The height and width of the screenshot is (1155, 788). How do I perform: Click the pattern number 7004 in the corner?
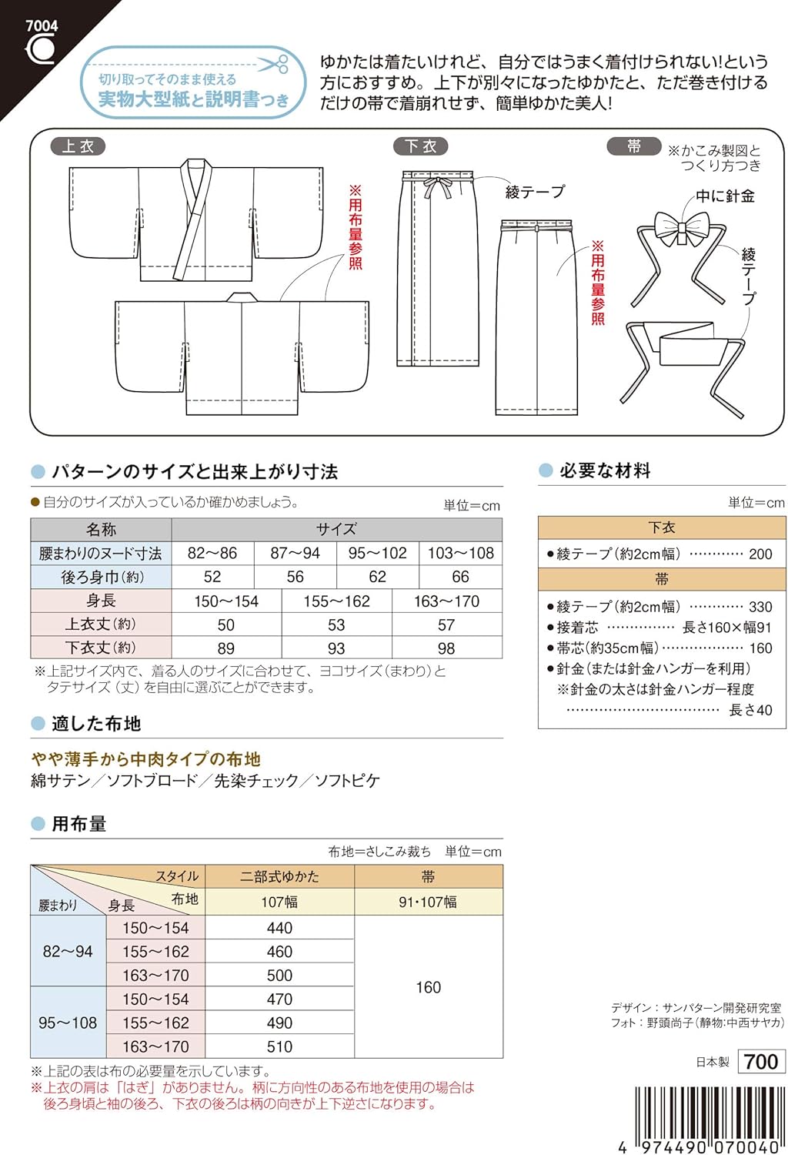click(42, 26)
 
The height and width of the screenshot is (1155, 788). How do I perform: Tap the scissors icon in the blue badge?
click(272, 65)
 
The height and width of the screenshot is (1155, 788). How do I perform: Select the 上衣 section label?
click(78, 146)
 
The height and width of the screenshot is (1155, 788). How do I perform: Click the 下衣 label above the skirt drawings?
click(421, 146)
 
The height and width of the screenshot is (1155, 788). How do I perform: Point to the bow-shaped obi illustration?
click(681, 229)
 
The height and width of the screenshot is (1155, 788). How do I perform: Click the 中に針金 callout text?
click(725, 196)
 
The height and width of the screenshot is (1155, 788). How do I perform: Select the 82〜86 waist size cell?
click(212, 554)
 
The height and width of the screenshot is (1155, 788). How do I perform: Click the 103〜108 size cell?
click(460, 554)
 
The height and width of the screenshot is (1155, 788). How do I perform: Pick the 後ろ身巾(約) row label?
click(102, 577)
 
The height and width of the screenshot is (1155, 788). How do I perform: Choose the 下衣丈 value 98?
click(446, 648)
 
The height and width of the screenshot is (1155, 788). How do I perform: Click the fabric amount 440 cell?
click(279, 928)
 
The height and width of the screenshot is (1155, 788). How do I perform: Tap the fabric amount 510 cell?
click(279, 1046)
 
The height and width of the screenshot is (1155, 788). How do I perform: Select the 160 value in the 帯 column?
click(428, 987)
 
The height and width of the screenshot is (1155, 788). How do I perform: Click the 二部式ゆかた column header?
click(279, 876)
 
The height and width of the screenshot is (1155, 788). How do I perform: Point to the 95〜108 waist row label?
click(68, 1023)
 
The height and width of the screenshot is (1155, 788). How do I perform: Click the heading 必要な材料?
click(605, 471)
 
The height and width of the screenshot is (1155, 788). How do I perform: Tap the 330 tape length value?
click(760, 607)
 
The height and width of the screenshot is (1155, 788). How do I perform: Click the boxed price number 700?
click(761, 1061)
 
